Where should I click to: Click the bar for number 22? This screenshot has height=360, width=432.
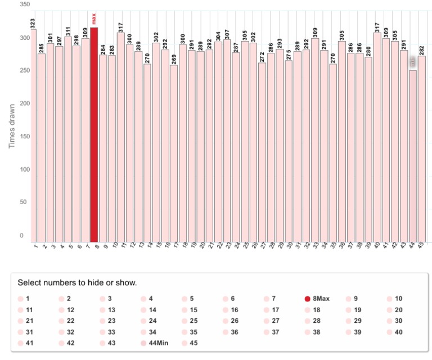coord(218,141)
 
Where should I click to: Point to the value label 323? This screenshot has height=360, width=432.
coord(33,24)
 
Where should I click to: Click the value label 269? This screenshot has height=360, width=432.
coord(174,60)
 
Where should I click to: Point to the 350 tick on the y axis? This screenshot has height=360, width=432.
coord(24,4)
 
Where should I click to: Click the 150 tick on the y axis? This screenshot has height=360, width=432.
coord(24,137)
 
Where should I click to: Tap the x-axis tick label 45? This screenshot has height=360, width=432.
coord(421,246)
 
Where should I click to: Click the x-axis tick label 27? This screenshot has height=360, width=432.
coord(262,246)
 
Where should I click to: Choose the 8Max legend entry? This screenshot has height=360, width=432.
coord(317,299)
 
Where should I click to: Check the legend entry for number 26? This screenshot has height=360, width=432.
coord(231,321)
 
